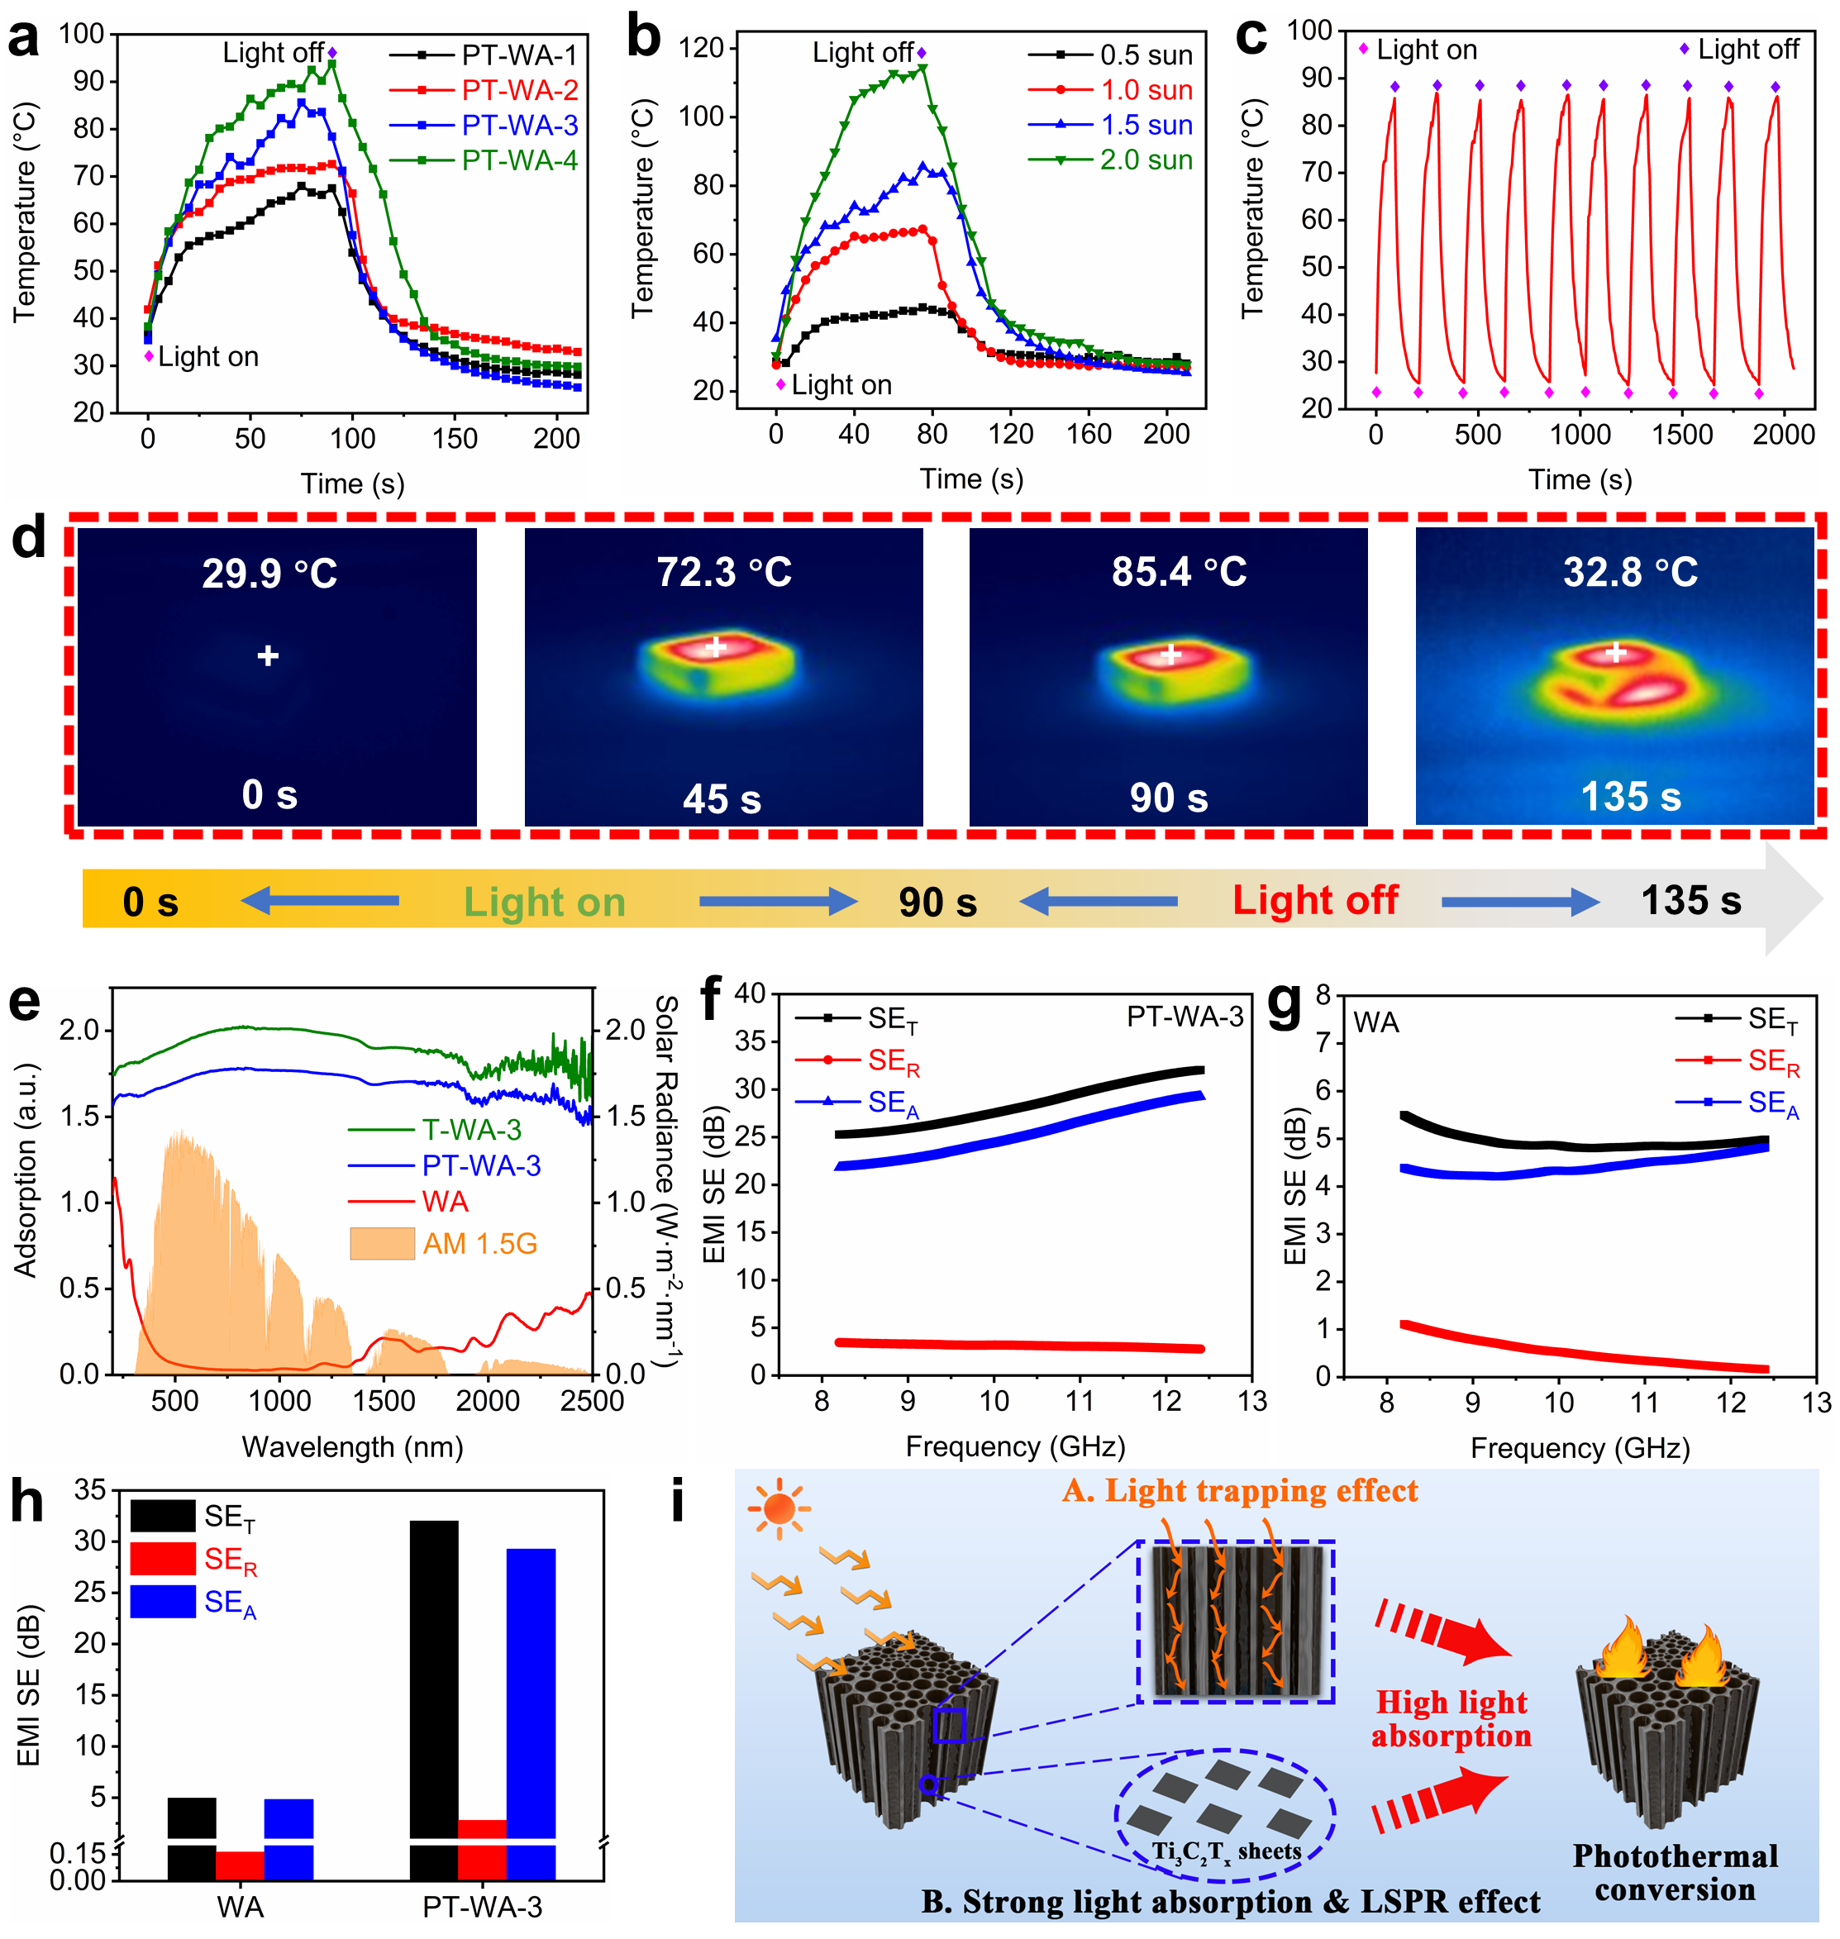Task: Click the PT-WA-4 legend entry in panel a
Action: [x=519, y=160]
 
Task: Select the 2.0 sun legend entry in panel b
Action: [x=1146, y=160]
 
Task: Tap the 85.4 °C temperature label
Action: [x=1178, y=572]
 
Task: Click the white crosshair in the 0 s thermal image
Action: [x=268, y=655]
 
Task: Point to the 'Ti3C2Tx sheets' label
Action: [x=1226, y=1851]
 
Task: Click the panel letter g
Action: [x=1284, y=1005]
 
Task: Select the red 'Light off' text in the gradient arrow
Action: [x=1314, y=899]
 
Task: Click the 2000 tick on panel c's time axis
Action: [x=1783, y=435]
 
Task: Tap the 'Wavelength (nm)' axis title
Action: [x=352, y=1446]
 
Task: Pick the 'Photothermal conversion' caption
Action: [x=1676, y=1872]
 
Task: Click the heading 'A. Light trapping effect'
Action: [x=1240, y=1491]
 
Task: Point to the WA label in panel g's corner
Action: [x=1376, y=1023]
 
